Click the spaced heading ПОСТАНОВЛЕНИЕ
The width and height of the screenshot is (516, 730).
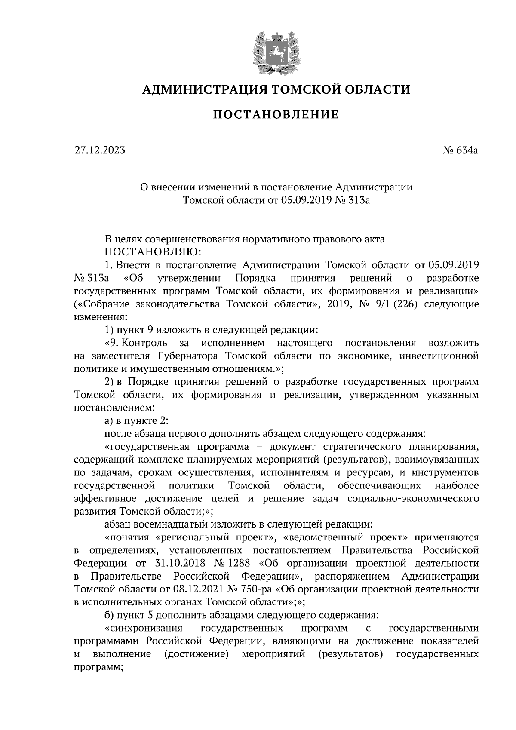pos(276,114)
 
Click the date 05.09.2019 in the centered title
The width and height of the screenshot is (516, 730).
pos(306,200)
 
